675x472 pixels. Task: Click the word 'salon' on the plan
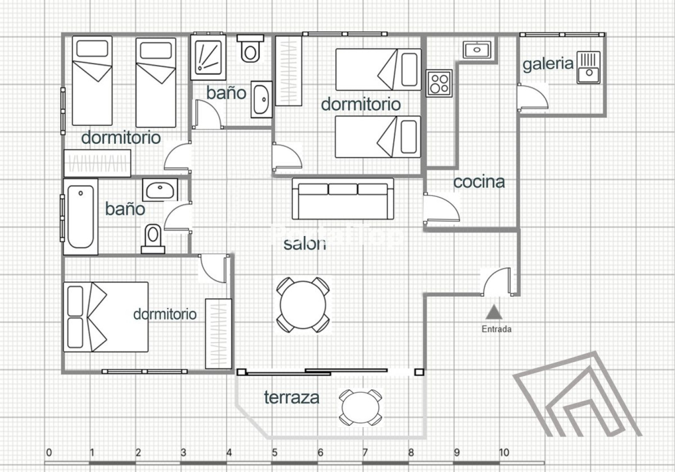click(x=304, y=244)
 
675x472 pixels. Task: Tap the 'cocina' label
click(x=479, y=182)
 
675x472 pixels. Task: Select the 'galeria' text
click(x=548, y=64)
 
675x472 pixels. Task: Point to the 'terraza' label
click(x=291, y=397)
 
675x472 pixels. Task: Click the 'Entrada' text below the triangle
click(x=496, y=329)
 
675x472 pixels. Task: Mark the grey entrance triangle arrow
click(x=494, y=312)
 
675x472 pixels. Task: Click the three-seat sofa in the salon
click(x=343, y=198)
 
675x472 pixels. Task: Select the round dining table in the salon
click(x=303, y=305)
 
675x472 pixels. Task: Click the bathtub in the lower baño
click(x=80, y=216)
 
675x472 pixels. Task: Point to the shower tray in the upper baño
click(x=208, y=58)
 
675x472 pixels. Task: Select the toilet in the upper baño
click(x=250, y=49)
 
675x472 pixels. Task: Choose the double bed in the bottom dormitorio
click(x=105, y=317)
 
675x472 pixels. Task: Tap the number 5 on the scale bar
click(x=274, y=452)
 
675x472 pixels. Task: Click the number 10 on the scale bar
click(x=504, y=452)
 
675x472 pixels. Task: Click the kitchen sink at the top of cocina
click(x=477, y=49)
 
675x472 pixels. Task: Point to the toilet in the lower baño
click(x=153, y=239)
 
